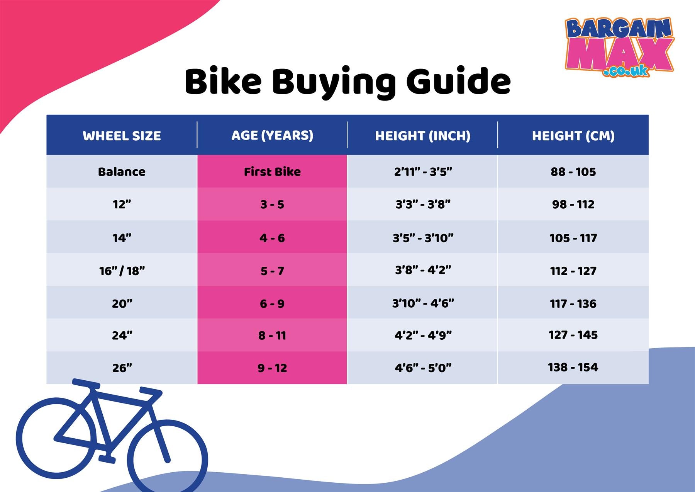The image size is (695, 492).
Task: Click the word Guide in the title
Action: click(458, 82)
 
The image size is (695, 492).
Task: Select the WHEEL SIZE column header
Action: click(122, 136)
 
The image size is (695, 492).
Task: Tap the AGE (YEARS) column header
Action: click(272, 135)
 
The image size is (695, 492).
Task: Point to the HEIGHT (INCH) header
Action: click(423, 136)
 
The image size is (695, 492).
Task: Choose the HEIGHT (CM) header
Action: click(573, 136)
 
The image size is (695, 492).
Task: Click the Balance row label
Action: click(122, 172)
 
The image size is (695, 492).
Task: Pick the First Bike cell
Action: click(272, 172)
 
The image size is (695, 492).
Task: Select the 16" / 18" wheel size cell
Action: click(122, 271)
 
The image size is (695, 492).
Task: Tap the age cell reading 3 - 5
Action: click(272, 204)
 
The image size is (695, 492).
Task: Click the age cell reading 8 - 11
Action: click(272, 335)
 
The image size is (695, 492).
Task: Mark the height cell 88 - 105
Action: click(573, 172)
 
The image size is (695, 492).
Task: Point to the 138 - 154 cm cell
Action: click(573, 367)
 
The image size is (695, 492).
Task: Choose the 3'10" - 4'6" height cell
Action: click(423, 303)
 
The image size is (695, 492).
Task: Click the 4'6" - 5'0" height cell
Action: click(423, 368)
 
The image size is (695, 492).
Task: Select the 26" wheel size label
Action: click(122, 368)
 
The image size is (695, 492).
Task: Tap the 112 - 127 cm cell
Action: click(573, 271)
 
